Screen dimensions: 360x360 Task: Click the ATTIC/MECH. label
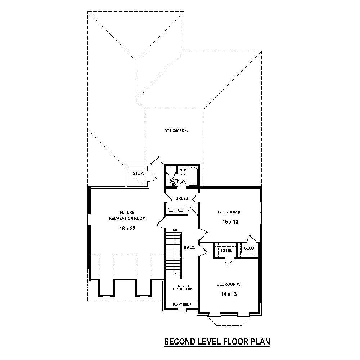pyautogui.click(x=176, y=130)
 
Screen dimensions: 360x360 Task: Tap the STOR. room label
pyautogui.click(x=138, y=174)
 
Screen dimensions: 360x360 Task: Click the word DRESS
pyautogui.click(x=181, y=198)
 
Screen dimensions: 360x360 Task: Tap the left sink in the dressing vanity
pyautogui.click(x=171, y=210)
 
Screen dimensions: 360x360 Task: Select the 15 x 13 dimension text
pyautogui.click(x=230, y=222)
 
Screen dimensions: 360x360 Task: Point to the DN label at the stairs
pyautogui.click(x=175, y=230)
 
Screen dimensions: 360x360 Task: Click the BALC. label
pyautogui.click(x=189, y=248)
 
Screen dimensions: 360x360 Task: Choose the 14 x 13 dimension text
pyautogui.click(x=229, y=294)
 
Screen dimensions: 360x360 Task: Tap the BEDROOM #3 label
pyautogui.click(x=229, y=284)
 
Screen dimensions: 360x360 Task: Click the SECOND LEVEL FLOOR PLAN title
pyautogui.click(x=217, y=341)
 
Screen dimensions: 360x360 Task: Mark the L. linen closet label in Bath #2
pyautogui.click(x=172, y=168)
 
